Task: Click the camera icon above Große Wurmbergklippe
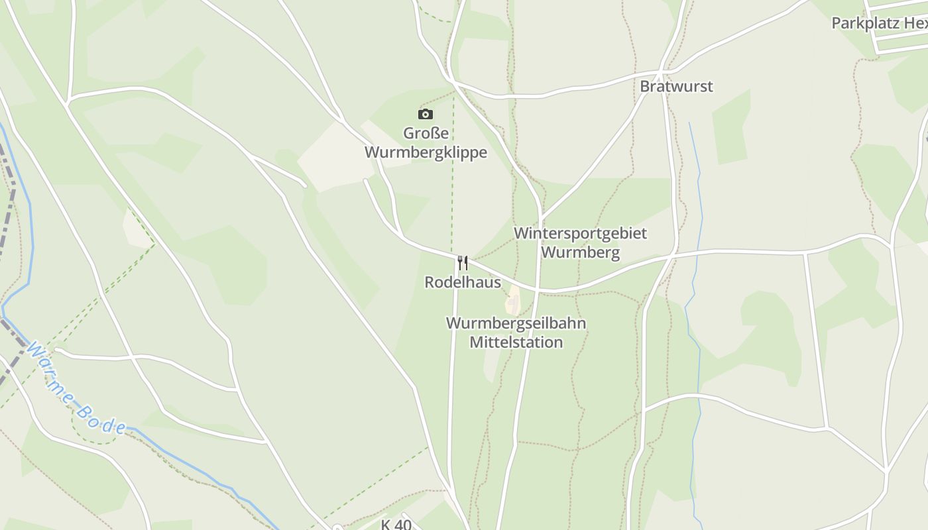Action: [426, 114]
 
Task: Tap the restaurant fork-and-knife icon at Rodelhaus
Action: [463, 263]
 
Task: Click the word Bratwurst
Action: [676, 86]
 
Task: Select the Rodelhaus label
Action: [463, 282]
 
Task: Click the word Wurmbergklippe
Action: [426, 152]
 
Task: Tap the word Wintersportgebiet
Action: [580, 233]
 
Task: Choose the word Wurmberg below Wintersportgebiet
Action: [580, 252]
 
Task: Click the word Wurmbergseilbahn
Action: [516, 323]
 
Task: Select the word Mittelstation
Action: [516, 343]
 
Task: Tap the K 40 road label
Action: [396, 525]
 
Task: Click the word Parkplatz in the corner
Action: [865, 23]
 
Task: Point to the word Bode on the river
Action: [99, 419]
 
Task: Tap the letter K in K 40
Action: [386, 525]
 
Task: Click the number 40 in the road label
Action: [403, 525]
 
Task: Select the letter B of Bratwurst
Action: [644, 86]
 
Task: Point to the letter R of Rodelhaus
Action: [430, 282]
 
